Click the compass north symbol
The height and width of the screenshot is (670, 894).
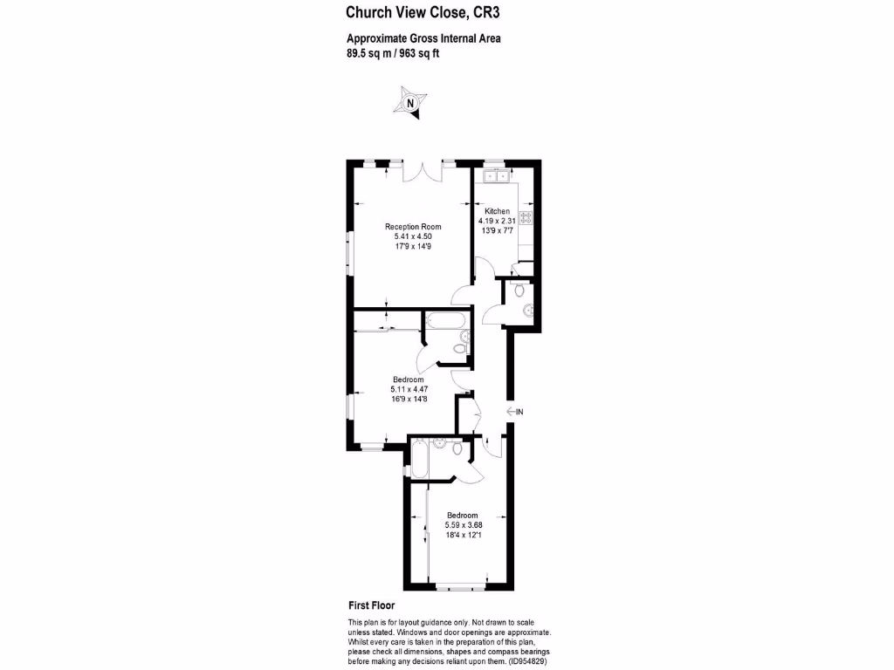coord(410,101)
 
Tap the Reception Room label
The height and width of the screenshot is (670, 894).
coord(413,227)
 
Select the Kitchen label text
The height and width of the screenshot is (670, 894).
coord(498,211)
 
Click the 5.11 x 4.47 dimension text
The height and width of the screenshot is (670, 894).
coord(409,389)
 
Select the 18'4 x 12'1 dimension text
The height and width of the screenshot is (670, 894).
coord(464,535)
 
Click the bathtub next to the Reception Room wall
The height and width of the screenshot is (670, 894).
coord(446,320)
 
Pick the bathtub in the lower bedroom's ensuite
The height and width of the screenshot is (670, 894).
coord(418,458)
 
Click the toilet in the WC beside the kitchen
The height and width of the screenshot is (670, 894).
coord(520,290)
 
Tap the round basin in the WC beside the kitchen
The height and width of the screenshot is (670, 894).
coord(527,310)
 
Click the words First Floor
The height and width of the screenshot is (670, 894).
coord(371,605)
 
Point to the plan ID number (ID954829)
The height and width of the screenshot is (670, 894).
coord(528,661)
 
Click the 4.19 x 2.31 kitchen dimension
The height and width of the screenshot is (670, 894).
coord(498,221)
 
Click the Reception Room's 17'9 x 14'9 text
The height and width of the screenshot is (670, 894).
coord(413,247)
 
